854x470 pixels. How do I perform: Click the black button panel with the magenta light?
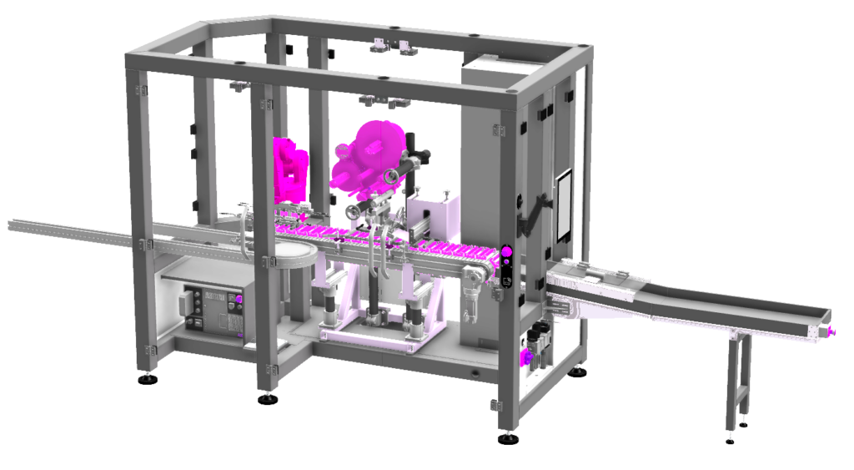click(505, 265)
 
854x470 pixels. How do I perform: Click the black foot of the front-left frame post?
click(268, 398)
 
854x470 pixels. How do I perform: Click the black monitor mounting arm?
click(529, 213)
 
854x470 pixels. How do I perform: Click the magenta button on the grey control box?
click(239, 298)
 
